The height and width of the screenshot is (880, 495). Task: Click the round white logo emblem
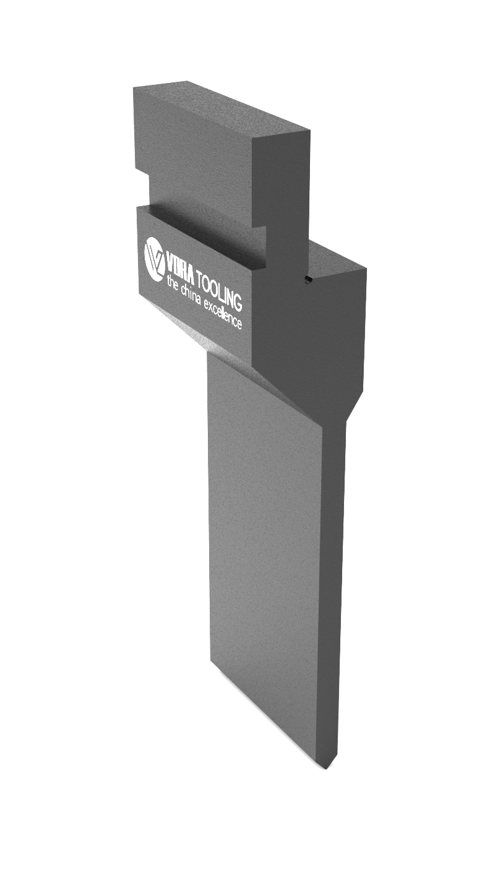pos(154,259)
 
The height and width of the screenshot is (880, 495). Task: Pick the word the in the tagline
pos(173,283)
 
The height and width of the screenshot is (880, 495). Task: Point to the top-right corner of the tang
pos(308,130)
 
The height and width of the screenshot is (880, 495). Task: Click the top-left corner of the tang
pos(135,88)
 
